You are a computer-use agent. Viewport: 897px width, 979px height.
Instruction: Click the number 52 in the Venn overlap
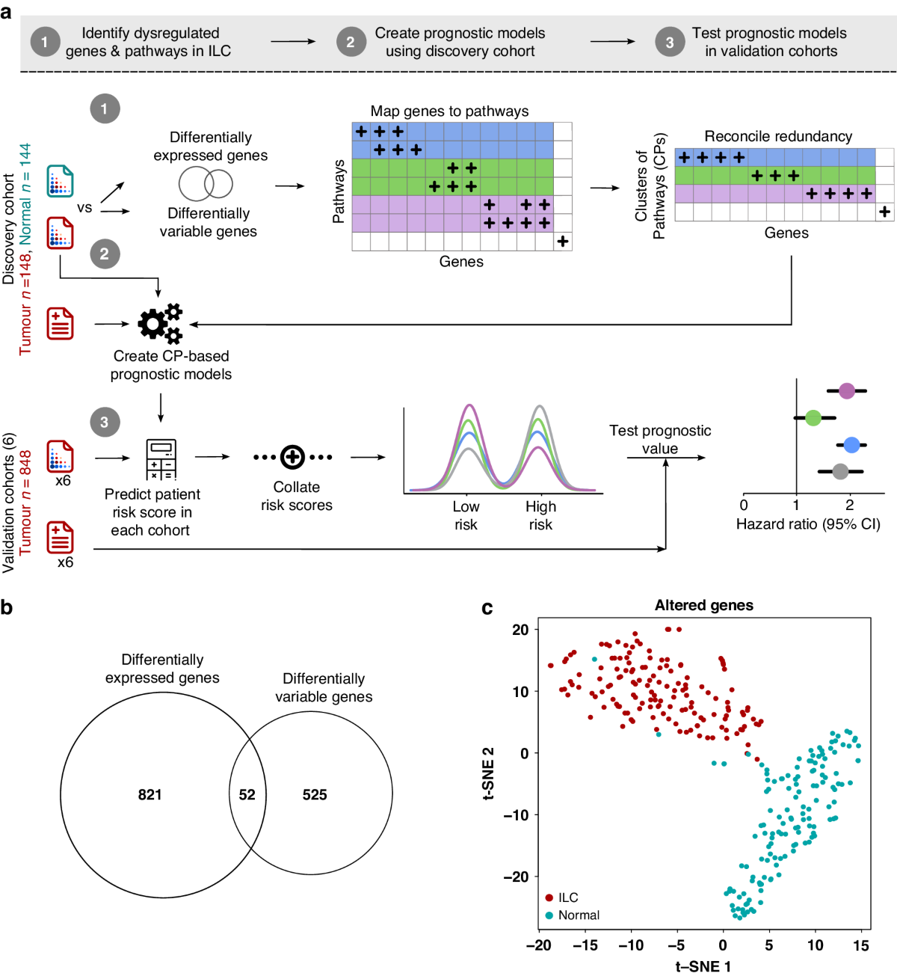pyautogui.click(x=247, y=794)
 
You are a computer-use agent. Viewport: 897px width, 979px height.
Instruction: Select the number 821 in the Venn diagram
pyautogui.click(x=149, y=794)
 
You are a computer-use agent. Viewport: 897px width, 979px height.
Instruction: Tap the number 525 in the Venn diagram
pyautogui.click(x=315, y=794)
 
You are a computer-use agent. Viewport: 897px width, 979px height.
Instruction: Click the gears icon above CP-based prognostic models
pyautogui.click(x=160, y=324)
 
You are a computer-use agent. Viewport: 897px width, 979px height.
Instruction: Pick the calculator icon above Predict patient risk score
pyautogui.click(x=161, y=459)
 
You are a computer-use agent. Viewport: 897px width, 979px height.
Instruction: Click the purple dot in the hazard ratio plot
pyautogui.click(x=846, y=390)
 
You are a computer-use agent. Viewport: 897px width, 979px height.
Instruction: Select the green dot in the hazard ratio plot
pyautogui.click(x=813, y=418)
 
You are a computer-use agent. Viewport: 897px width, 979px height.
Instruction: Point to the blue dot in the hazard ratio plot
pyautogui.click(x=851, y=446)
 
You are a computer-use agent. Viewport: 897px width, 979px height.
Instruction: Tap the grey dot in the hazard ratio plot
pyautogui.click(x=840, y=472)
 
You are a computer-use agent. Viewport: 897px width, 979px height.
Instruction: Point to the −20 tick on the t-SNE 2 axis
pyautogui.click(x=515, y=877)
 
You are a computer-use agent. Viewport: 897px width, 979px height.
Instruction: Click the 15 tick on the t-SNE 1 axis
pyautogui.click(x=861, y=945)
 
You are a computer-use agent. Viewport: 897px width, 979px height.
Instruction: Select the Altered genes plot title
pyautogui.click(x=703, y=605)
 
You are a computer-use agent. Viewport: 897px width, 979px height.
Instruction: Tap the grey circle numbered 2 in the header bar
pyautogui.click(x=351, y=42)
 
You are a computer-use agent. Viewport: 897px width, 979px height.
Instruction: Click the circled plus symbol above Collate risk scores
pyautogui.click(x=292, y=457)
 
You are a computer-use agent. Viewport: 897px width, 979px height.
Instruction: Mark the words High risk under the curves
pyautogui.click(x=540, y=515)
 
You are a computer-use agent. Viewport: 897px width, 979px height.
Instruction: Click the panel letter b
pyautogui.click(x=7, y=607)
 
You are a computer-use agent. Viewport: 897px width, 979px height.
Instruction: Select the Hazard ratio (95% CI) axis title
pyautogui.click(x=808, y=524)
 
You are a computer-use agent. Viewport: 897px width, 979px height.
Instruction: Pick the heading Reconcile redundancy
pyautogui.click(x=777, y=136)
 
